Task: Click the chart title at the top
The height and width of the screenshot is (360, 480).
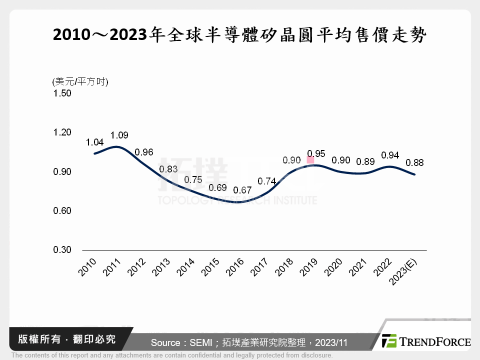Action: coord(239,35)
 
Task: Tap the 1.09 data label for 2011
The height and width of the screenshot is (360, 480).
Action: coord(119,135)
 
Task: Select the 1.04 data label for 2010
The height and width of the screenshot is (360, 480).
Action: coord(94,142)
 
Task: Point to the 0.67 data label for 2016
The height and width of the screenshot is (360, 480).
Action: coord(242,190)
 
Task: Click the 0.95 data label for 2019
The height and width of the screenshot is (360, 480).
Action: coord(316,153)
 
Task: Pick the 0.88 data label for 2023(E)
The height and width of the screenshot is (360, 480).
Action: coord(415,162)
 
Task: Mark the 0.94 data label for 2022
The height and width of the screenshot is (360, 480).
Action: coord(390,155)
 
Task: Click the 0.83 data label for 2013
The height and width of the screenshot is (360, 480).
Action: coord(168,169)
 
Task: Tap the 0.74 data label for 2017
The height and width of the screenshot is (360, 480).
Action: coord(267,181)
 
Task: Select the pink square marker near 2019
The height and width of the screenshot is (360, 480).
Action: coord(310,160)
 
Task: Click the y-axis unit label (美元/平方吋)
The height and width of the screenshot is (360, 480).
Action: coord(80,82)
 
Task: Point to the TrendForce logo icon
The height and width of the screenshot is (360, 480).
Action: coord(389,341)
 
